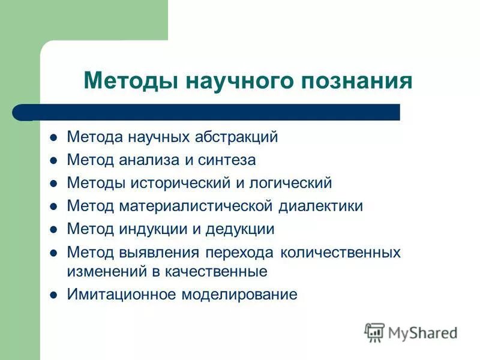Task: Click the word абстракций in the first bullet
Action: tap(236, 137)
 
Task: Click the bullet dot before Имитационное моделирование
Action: tap(53, 295)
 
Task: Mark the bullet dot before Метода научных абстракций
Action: tap(53, 137)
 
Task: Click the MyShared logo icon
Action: tap(375, 332)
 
